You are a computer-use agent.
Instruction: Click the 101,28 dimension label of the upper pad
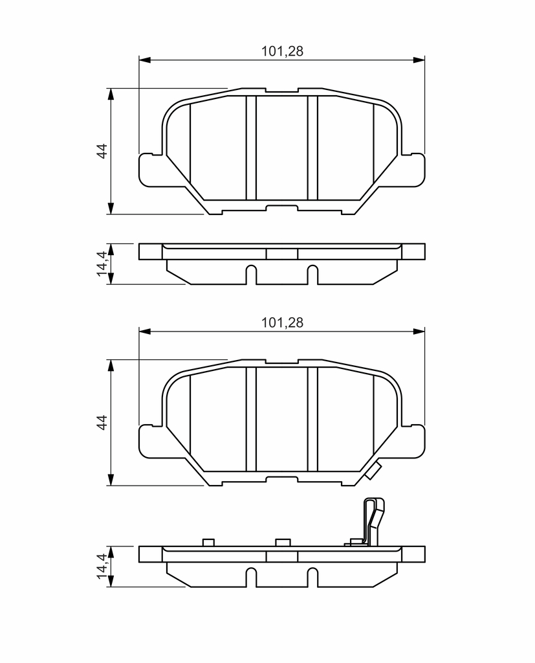coord(282,51)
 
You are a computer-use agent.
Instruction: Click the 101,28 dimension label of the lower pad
coord(282,322)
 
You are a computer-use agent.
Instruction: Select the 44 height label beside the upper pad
coord(102,151)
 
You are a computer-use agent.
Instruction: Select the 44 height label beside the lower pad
coord(102,422)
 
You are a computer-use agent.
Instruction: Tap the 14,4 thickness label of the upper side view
coord(102,264)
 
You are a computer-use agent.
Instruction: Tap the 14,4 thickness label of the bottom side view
coord(102,567)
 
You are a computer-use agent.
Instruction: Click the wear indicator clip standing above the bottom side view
coord(373,521)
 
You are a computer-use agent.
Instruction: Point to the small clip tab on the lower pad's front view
coord(373,471)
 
